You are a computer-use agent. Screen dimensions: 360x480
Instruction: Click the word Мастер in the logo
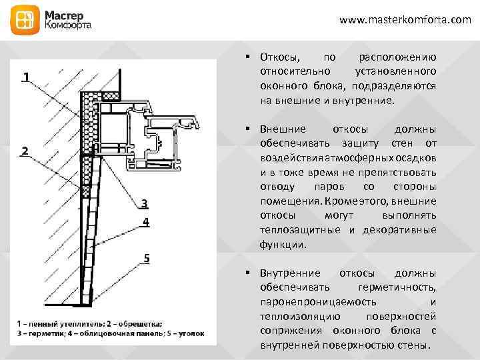pos(64,15)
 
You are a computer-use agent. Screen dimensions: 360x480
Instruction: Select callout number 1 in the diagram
pos(25,77)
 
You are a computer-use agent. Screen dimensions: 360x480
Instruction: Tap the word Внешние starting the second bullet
pos(283,129)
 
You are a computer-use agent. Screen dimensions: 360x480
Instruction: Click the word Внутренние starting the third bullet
pos(290,273)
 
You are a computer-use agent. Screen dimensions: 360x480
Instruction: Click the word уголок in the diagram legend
pos(191,332)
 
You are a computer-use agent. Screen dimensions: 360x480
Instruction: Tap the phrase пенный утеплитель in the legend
pos(64,323)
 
